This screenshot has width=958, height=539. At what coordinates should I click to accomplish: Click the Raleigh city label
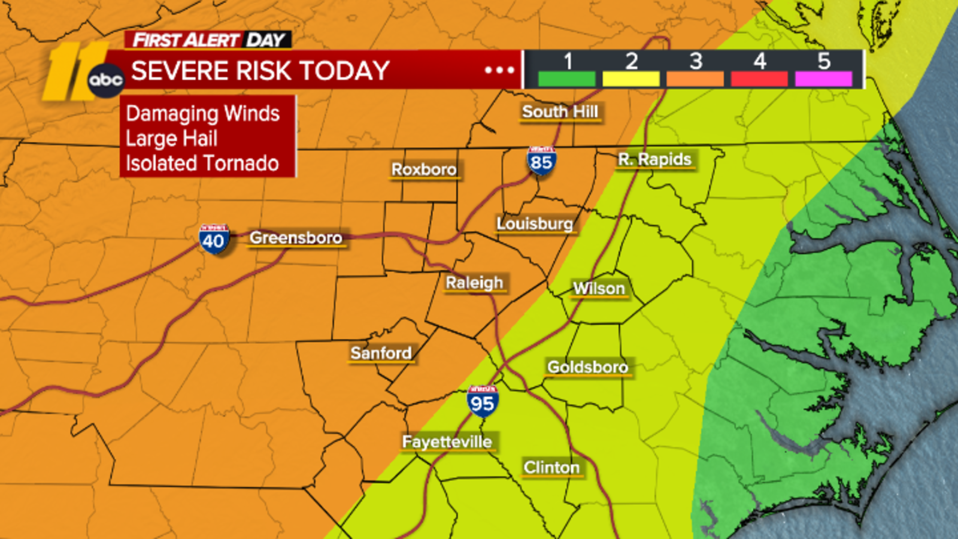coord(474,283)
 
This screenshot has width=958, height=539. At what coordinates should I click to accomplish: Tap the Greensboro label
coord(296,238)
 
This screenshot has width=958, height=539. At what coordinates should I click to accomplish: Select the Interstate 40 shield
coord(213,240)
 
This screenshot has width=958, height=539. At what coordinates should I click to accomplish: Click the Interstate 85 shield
coord(541,161)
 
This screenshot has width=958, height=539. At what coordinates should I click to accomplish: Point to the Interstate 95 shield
coord(483,402)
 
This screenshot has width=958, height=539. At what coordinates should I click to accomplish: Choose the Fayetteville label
coord(447,442)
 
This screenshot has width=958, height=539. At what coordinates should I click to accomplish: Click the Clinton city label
coord(551,467)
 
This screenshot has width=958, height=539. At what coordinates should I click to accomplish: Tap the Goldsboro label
coord(587,367)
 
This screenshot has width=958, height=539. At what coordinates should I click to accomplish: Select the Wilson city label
coord(599,288)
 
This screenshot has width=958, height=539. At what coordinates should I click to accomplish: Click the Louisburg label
coord(535,223)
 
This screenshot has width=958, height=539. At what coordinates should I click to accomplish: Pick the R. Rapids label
coord(654,159)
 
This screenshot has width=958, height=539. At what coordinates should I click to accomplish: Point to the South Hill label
coord(560,111)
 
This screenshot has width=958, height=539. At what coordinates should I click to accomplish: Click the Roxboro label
coord(424,169)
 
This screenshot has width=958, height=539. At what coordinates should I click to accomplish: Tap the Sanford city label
coord(381,353)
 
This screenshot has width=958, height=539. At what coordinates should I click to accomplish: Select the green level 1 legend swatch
coord(566,79)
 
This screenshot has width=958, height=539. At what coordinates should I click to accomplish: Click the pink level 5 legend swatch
coord(823,79)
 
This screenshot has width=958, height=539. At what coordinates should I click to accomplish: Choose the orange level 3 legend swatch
coord(695,79)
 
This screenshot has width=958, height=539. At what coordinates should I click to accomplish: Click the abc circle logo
coord(106,80)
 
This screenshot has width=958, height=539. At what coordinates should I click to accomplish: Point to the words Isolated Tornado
coord(202,163)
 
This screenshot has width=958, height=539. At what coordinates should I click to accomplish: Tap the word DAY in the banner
coord(266,40)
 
